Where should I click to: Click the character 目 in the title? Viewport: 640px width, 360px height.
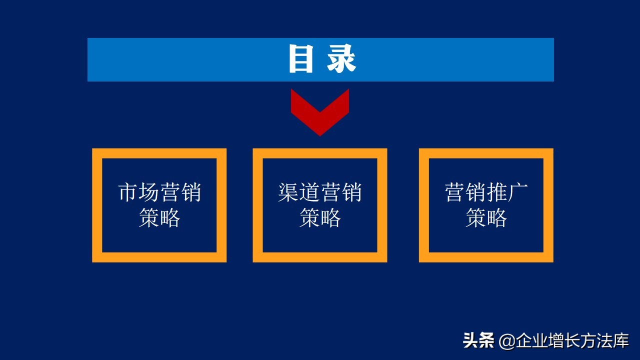(301, 59)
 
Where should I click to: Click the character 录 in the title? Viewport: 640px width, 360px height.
(342, 59)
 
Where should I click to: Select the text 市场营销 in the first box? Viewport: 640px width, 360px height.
(159, 192)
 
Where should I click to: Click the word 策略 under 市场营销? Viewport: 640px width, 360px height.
(159, 218)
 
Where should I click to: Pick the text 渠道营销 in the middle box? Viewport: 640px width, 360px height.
(320, 192)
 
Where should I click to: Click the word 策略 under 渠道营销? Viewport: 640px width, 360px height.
(320, 218)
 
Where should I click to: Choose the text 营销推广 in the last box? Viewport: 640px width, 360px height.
(486, 192)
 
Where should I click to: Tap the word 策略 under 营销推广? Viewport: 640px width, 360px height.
(486, 218)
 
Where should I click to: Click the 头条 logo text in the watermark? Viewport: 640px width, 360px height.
(478, 341)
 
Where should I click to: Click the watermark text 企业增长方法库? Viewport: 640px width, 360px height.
(572, 341)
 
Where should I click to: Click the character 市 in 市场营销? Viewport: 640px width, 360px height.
(128, 192)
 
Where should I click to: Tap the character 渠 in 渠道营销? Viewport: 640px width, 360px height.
(288, 192)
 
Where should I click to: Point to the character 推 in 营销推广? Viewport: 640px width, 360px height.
(497, 192)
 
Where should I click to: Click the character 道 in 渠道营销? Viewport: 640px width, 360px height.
(309, 192)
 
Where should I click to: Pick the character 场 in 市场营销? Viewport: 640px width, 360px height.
(149, 192)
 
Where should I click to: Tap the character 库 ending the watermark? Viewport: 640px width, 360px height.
(620, 341)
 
